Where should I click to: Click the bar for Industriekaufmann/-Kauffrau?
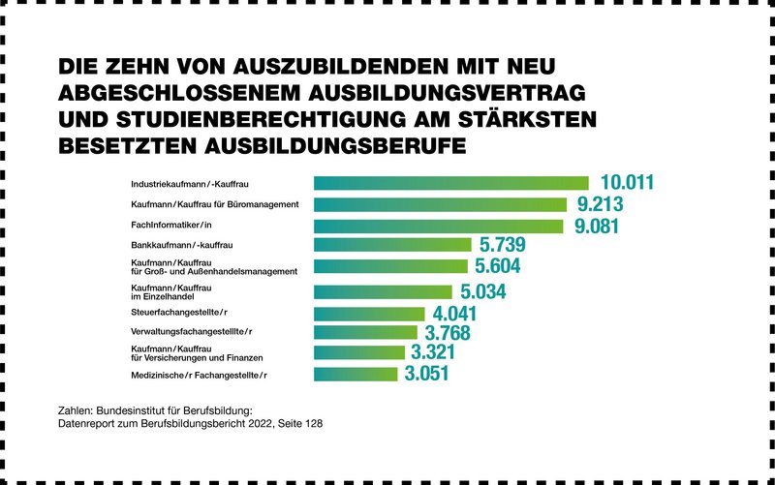point(450,183)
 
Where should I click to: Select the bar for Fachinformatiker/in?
point(438,226)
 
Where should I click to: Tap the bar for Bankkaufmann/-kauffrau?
point(392,245)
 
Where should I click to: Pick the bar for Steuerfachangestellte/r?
point(369,313)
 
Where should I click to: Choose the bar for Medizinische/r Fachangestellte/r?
point(356,374)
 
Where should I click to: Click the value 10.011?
point(628,182)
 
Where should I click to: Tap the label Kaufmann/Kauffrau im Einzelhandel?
point(170,291)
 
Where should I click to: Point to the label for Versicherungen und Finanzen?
point(191,357)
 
